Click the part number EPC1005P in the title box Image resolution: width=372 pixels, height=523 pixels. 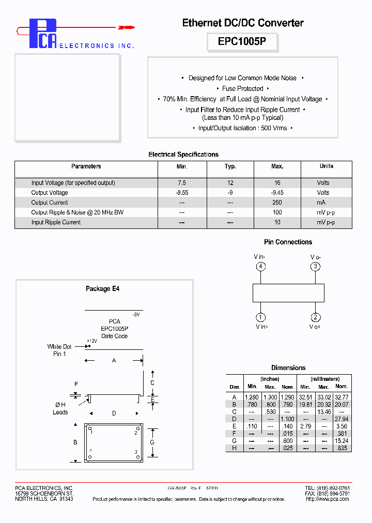tap(242, 42)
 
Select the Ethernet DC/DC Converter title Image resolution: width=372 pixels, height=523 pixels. tap(242, 23)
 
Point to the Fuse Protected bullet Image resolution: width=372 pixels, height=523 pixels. tap(242, 88)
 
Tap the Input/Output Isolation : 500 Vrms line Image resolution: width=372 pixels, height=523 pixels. tap(242, 128)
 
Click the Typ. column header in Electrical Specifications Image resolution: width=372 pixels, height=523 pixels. tap(230, 166)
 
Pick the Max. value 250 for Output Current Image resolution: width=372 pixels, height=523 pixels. tap(277, 203)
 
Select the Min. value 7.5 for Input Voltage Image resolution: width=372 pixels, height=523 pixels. tap(181, 183)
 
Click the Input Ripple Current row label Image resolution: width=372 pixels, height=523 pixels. tap(56, 222)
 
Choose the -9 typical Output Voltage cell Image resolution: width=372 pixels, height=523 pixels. tap(230, 193)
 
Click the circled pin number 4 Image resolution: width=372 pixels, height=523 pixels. tap(261, 267)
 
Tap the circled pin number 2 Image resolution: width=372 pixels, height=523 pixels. tap(315, 317)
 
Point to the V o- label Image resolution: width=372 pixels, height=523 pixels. tap(315, 257)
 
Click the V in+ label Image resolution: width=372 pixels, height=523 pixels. tap(261, 327)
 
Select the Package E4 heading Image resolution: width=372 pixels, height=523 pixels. tap(102, 289)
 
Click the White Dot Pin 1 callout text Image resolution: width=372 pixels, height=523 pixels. tap(59, 350)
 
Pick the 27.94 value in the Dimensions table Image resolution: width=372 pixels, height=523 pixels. tap(341, 419)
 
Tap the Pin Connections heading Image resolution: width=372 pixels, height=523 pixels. tap(288, 242)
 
